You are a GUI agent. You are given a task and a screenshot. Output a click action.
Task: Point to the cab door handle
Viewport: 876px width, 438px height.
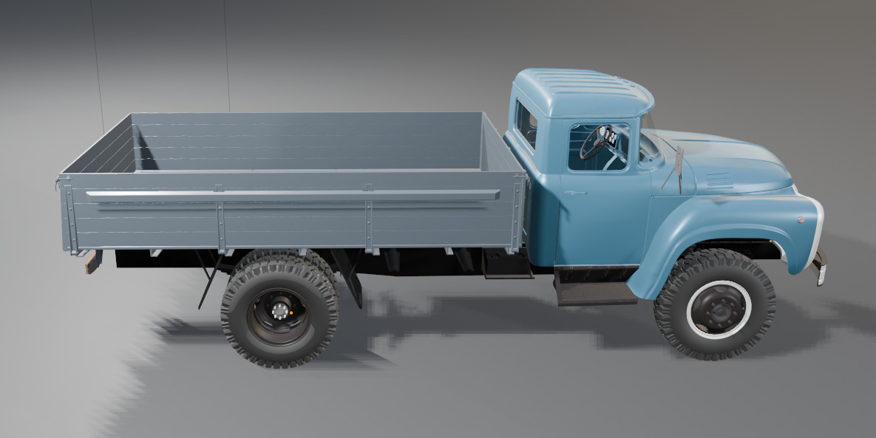[574, 193]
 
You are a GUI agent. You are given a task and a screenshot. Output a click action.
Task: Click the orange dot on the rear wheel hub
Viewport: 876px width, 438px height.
[292, 312]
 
